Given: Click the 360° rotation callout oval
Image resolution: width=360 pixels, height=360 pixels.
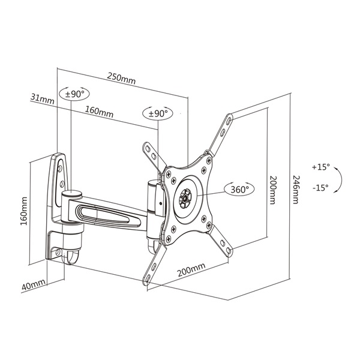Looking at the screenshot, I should click(x=239, y=189).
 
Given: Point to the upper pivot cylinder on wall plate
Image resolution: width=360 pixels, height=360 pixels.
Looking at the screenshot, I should click(x=71, y=194).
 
